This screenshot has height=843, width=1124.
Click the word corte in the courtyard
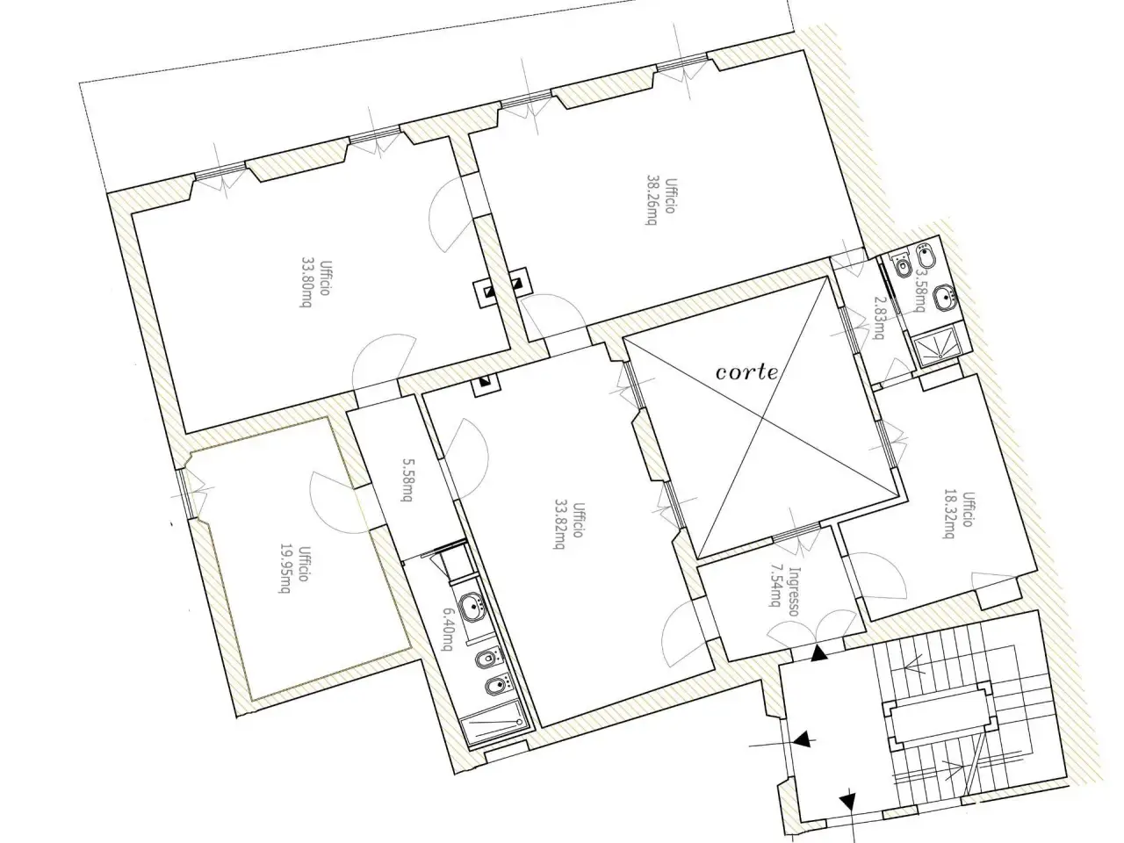(746, 372)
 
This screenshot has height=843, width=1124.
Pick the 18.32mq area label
(948, 515)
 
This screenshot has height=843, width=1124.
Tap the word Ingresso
(794, 591)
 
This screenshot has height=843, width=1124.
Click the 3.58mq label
(920, 290)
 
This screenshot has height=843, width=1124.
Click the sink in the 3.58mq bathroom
(945, 298)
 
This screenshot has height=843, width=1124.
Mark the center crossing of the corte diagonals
(763, 418)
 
